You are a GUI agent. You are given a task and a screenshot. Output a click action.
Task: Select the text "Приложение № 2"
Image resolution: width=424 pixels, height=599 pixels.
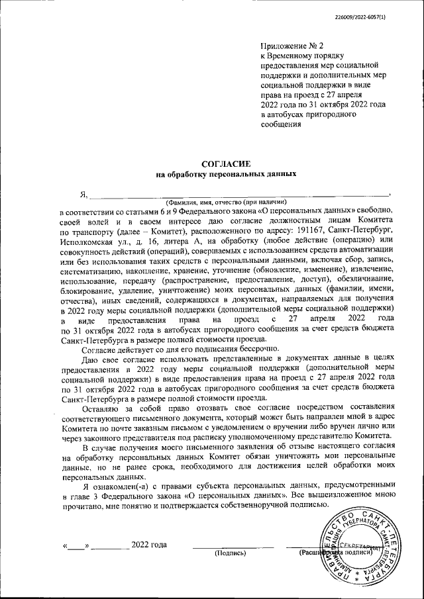point(291,47)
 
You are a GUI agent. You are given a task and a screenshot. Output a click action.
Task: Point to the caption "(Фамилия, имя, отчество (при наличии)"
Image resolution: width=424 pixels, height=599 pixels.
point(225,202)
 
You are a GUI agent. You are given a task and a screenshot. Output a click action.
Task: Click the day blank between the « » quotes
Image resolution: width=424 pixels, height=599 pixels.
point(78,546)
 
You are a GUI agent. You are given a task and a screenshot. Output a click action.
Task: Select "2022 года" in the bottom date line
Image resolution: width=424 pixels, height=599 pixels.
point(149,545)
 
